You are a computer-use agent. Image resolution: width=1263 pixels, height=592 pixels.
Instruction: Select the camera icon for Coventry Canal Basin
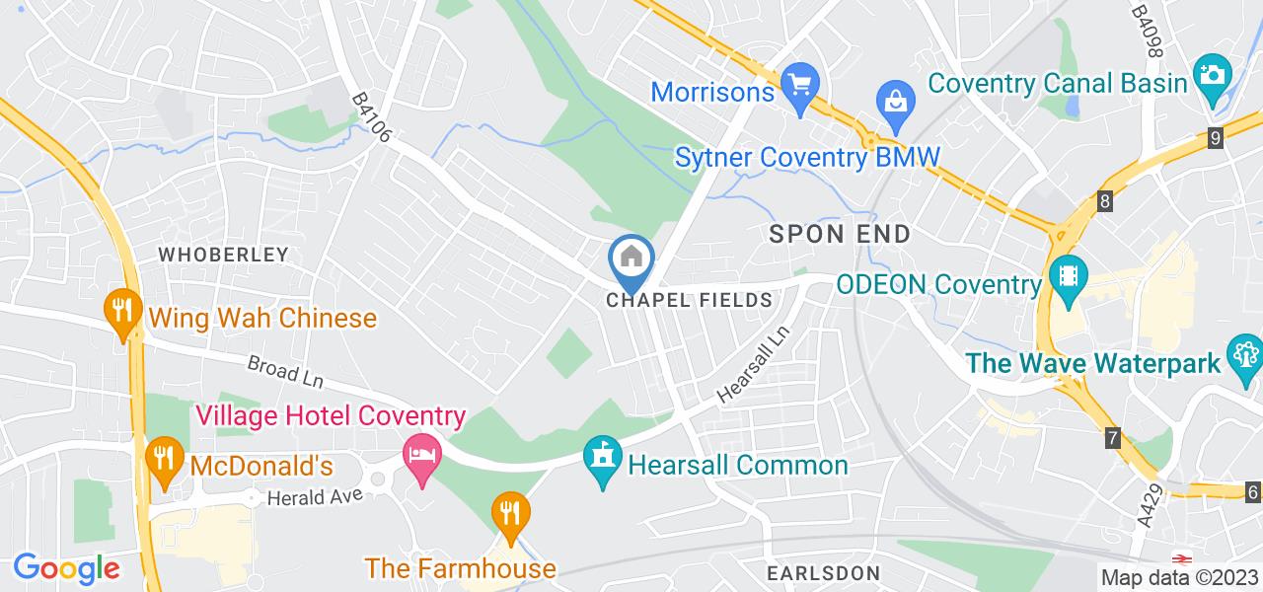[x=1211, y=74]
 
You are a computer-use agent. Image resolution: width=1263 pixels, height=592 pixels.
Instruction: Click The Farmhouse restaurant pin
[x=510, y=513]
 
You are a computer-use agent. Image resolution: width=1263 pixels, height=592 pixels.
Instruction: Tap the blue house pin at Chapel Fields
[x=631, y=259]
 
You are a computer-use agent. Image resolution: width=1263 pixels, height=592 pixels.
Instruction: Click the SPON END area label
[x=839, y=234]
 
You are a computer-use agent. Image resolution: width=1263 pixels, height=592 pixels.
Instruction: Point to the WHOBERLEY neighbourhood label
[x=224, y=255]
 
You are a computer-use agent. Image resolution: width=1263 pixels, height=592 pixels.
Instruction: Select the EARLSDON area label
[x=822, y=573]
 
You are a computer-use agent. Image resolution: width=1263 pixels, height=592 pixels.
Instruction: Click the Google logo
[x=66, y=568]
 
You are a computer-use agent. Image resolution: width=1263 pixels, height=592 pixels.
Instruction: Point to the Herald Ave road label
[x=309, y=496]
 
